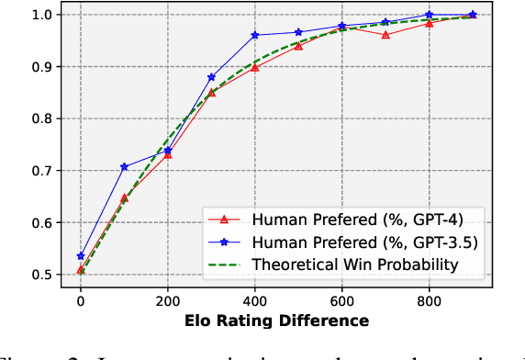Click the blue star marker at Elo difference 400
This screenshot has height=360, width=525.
click(x=254, y=35)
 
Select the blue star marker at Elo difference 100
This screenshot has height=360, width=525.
click(x=124, y=167)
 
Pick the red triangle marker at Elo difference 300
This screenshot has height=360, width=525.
click(x=211, y=92)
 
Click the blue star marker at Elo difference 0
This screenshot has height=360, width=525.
click(x=81, y=256)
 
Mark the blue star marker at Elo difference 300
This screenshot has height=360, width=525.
click(x=211, y=77)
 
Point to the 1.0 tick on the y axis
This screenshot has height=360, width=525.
click(x=41, y=15)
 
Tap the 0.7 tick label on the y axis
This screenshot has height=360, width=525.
click(x=41, y=171)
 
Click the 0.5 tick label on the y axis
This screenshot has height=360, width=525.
click(x=41, y=275)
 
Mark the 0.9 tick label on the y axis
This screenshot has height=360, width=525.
click(x=41, y=67)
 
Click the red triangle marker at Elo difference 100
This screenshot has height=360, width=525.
click(x=124, y=197)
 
